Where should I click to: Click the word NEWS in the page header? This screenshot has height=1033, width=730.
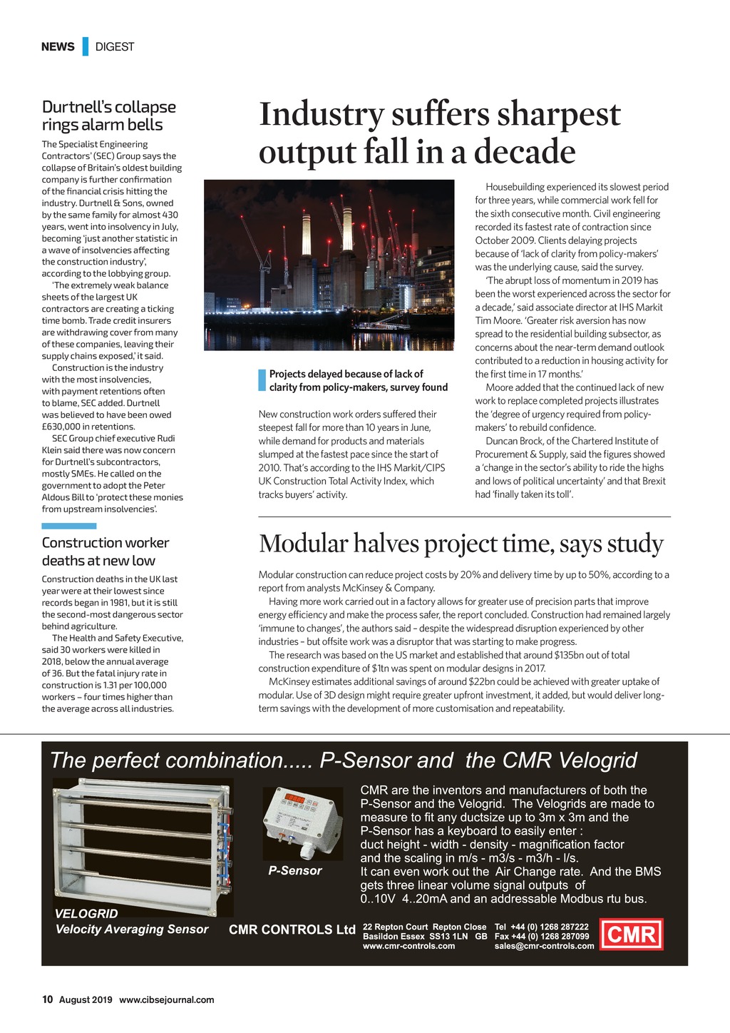(x=58, y=47)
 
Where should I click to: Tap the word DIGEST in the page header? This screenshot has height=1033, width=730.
(x=115, y=47)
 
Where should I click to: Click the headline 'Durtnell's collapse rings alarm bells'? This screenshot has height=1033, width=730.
(x=108, y=116)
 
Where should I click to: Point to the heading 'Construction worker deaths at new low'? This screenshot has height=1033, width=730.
(x=105, y=551)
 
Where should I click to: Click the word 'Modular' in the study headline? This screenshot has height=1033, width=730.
(x=303, y=544)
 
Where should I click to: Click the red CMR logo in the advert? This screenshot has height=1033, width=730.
(x=632, y=934)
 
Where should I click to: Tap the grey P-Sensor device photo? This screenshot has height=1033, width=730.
(x=303, y=823)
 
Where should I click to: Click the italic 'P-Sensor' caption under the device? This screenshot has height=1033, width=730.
(x=295, y=870)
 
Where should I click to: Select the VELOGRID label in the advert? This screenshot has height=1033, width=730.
(x=86, y=913)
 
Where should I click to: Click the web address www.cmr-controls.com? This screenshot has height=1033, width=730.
(x=409, y=946)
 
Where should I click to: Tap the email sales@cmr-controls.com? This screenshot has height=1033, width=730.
(x=544, y=946)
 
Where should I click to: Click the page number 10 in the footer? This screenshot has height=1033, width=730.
(x=47, y=999)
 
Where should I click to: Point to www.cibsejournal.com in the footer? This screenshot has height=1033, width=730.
(x=166, y=999)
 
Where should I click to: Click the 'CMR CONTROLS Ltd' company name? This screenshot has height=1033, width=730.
(x=292, y=930)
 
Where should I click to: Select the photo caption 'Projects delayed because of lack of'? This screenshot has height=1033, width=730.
(x=346, y=374)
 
